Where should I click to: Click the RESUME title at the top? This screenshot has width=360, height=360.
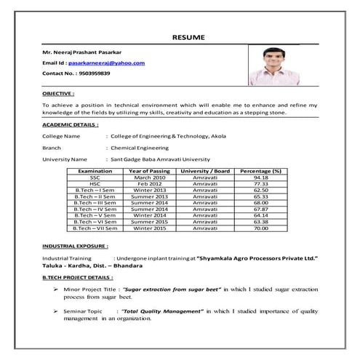point(188,36)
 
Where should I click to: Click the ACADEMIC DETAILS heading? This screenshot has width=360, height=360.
point(71,125)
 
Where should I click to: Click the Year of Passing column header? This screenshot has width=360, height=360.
point(150,170)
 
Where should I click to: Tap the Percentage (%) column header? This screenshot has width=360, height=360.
point(260,170)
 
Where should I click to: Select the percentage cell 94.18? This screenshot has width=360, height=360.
point(260,177)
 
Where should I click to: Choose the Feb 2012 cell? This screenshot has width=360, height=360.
point(150,183)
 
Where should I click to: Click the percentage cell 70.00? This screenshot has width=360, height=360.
point(260,228)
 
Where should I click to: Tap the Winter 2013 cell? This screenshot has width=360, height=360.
point(150,190)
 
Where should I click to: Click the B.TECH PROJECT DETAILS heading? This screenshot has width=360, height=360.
point(78,278)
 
